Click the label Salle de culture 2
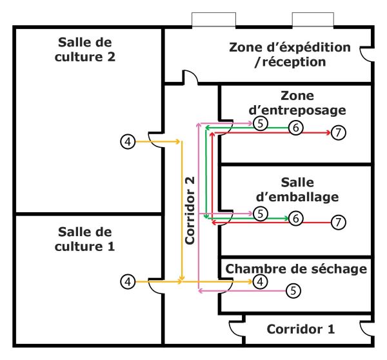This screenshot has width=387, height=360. [x=86, y=49]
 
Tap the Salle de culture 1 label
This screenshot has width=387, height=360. [x=84, y=239]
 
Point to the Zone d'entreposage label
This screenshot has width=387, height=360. [x=297, y=103]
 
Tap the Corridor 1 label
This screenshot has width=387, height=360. [x=301, y=328]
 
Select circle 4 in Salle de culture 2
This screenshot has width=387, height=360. [x=128, y=141]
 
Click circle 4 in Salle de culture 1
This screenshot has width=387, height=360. [x=128, y=281]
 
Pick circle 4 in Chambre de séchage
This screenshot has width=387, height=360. [x=260, y=281]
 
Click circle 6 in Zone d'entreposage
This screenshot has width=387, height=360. [x=295, y=128]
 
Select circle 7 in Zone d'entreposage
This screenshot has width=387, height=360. [x=339, y=133]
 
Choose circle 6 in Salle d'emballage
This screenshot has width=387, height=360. [x=295, y=218]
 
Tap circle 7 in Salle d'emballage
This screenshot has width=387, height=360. [x=339, y=223]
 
